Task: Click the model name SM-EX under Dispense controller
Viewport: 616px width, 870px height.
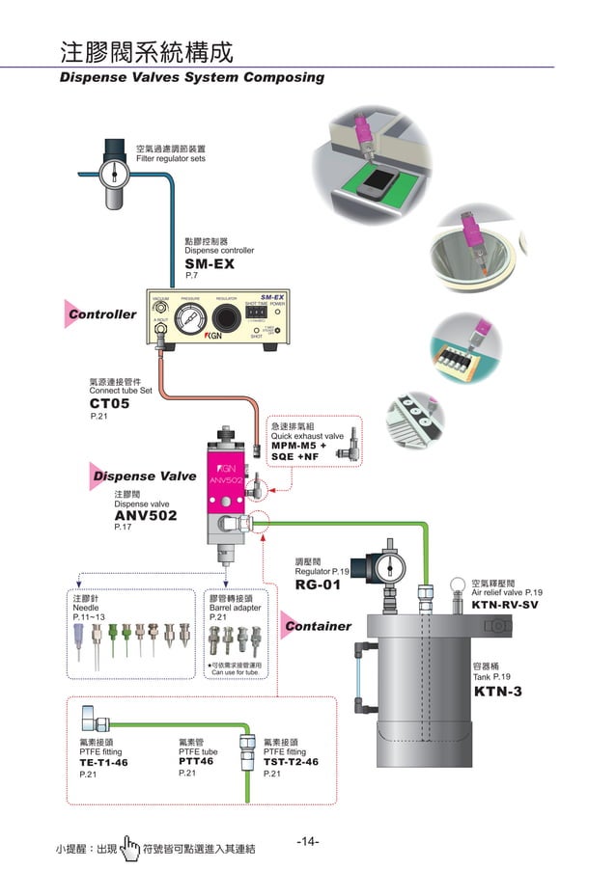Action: [210, 263]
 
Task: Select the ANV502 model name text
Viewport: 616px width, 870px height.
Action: [145, 516]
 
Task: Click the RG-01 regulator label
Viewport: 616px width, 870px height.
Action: [318, 585]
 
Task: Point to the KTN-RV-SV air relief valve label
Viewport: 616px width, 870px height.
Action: [504, 605]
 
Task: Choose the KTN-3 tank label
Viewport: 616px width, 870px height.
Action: [497, 692]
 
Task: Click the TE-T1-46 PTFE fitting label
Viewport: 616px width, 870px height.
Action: [103, 762]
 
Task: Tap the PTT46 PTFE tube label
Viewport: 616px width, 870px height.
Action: [196, 761]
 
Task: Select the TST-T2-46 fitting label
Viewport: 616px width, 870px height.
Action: [291, 762]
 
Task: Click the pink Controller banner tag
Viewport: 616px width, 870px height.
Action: [102, 313]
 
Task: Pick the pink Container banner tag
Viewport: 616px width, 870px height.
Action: [318, 626]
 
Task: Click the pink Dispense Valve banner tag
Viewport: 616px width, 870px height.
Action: [144, 476]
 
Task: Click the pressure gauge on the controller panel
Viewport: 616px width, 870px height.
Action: [183, 320]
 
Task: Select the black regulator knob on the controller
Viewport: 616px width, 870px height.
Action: [227, 320]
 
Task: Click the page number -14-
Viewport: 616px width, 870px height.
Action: [308, 842]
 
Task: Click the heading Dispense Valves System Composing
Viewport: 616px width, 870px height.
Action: [192, 77]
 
